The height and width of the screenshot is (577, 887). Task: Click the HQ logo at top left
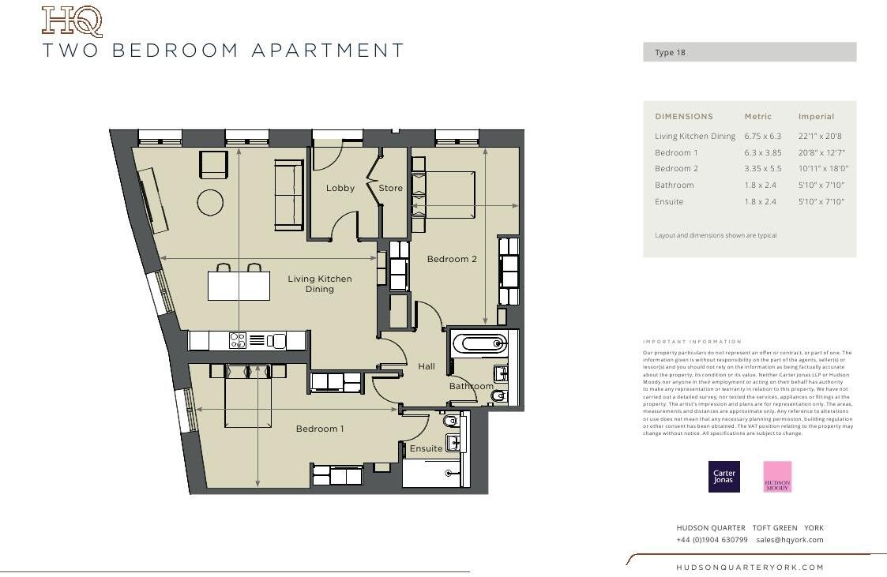coord(72,21)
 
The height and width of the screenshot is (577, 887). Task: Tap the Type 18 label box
coord(749,53)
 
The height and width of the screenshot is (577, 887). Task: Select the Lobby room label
coord(340,188)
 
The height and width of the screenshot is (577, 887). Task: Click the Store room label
coord(390,188)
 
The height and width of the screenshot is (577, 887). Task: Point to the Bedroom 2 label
coord(452,259)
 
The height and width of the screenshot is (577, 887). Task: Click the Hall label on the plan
coord(427,366)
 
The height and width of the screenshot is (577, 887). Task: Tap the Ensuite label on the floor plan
coord(426,448)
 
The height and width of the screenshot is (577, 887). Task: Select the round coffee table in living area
coord(211,203)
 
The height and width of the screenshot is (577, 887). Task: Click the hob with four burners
coord(237,340)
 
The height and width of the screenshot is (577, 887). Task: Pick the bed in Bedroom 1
coord(248,395)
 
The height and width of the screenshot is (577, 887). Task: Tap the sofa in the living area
coord(288,194)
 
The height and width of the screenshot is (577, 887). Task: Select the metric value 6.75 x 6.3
coord(762,137)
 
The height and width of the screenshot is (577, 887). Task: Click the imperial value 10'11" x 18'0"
coord(821,169)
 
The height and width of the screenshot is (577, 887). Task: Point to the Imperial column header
coord(816,117)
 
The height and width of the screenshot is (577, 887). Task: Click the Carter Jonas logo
coord(724,477)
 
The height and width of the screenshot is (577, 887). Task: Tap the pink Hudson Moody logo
coord(777,477)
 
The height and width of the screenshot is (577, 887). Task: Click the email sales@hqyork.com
coord(789,540)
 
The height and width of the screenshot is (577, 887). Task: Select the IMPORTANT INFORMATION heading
coord(692,342)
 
